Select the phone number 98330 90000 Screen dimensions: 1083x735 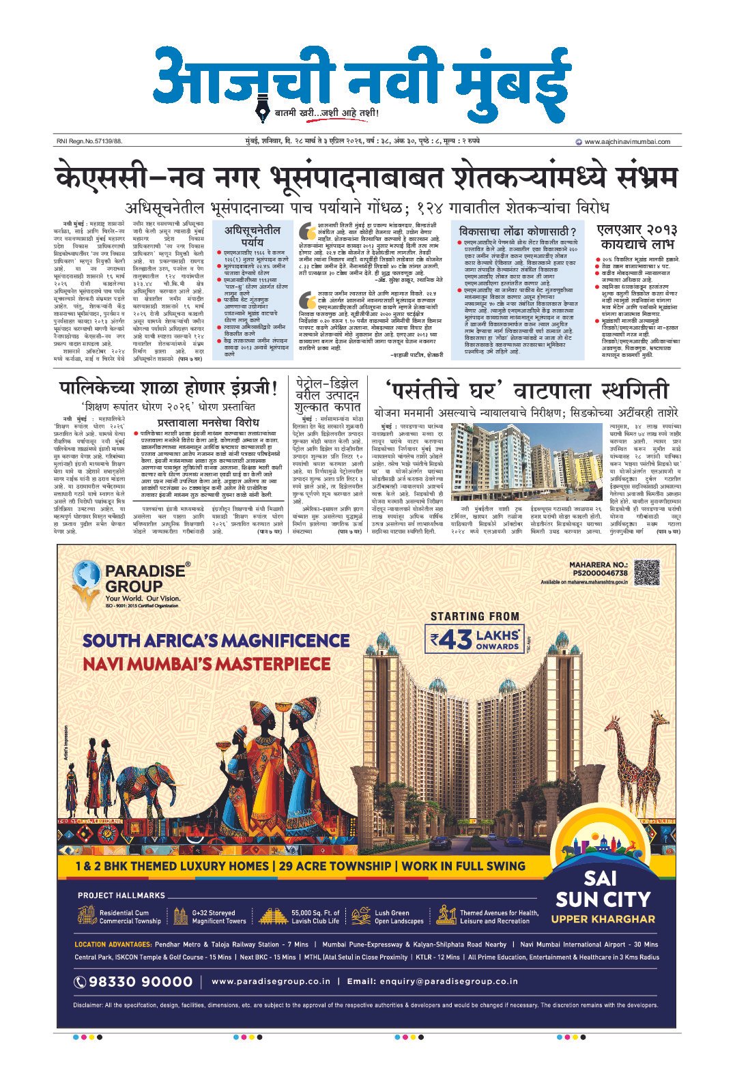(134, 981)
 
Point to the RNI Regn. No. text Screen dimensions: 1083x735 (89, 142)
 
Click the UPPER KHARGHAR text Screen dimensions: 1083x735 (603, 919)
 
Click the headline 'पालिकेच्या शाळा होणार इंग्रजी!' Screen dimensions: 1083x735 (168, 390)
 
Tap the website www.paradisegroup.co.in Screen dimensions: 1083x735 (271, 981)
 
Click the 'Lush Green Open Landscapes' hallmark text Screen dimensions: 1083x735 (399, 916)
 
